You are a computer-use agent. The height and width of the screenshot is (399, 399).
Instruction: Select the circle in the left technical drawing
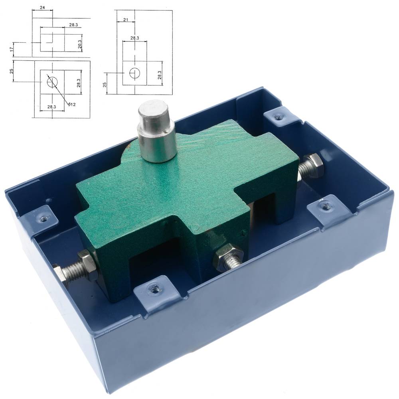[52, 82]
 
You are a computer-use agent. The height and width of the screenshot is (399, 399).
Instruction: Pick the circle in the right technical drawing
[135, 73]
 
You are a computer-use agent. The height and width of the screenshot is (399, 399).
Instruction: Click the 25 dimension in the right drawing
[105, 84]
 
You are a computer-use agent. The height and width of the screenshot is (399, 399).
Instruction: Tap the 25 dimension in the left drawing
[12, 71]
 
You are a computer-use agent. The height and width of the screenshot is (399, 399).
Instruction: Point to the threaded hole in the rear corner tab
[279, 116]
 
